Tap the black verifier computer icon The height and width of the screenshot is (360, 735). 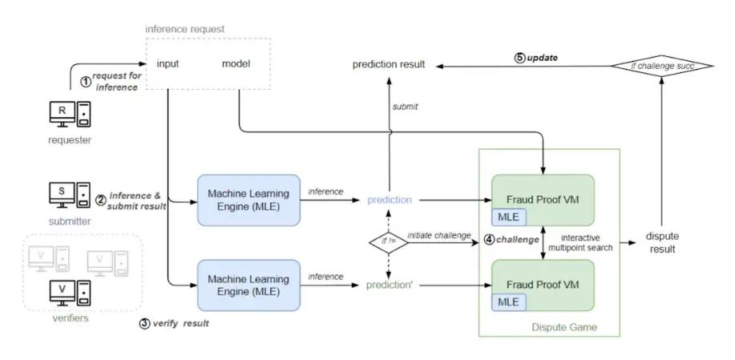click(67, 293)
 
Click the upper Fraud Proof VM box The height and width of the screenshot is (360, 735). click(543, 200)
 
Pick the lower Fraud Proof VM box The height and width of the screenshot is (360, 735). click(543, 285)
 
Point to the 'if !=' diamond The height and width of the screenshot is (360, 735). click(387, 241)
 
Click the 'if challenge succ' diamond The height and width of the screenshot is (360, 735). click(662, 67)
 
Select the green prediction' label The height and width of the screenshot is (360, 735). click(390, 285)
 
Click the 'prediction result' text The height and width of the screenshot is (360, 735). click(389, 64)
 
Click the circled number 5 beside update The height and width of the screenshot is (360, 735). click(519, 58)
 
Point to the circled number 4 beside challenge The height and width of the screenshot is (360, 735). click(489, 240)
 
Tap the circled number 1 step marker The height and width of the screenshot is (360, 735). click(87, 80)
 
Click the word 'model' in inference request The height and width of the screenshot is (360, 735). click(236, 64)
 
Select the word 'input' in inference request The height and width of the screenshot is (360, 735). click(168, 64)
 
